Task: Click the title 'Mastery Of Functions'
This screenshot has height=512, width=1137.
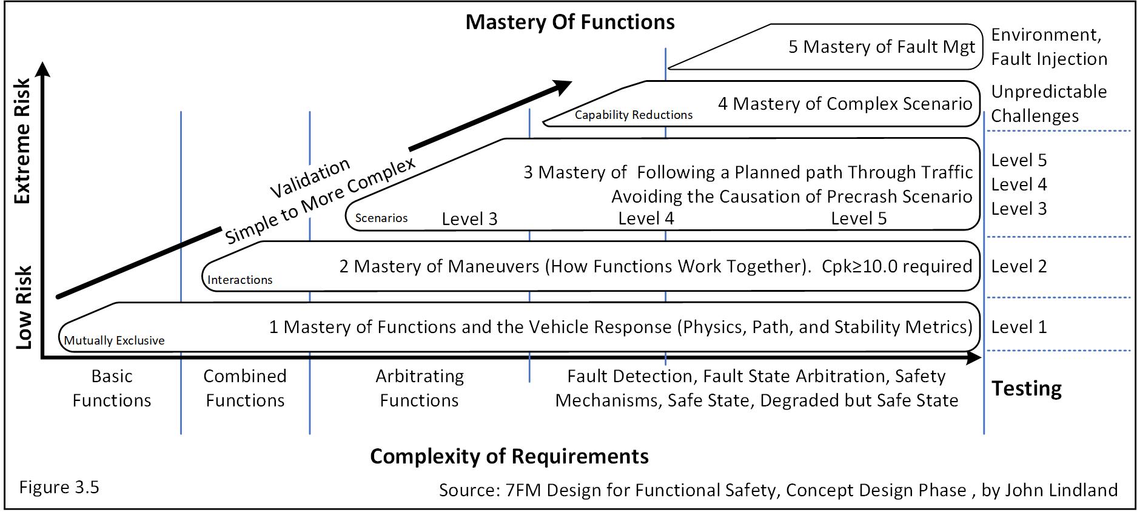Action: (569, 22)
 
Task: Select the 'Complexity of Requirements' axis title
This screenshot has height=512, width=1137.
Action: (509, 456)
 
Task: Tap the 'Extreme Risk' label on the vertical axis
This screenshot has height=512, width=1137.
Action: (22, 141)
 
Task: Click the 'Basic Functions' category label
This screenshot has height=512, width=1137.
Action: (112, 388)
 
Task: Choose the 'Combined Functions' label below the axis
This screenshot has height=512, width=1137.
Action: (245, 388)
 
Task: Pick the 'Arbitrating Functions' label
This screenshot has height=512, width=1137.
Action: (419, 388)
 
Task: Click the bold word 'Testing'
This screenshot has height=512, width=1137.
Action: (1026, 388)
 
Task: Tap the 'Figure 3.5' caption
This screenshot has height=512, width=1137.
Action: (59, 488)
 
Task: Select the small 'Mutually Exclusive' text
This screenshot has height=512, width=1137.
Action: (114, 341)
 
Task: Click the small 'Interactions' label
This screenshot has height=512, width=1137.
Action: (240, 280)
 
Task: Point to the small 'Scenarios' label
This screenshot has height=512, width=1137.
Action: (381, 218)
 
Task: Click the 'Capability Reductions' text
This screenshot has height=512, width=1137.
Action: (633, 115)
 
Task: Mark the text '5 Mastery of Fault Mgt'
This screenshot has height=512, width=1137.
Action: (882, 47)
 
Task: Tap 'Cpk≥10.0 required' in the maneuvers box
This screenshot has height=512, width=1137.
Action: (896, 267)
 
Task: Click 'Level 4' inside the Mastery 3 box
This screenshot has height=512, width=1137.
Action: (646, 218)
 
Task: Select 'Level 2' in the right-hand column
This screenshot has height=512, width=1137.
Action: (1019, 267)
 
